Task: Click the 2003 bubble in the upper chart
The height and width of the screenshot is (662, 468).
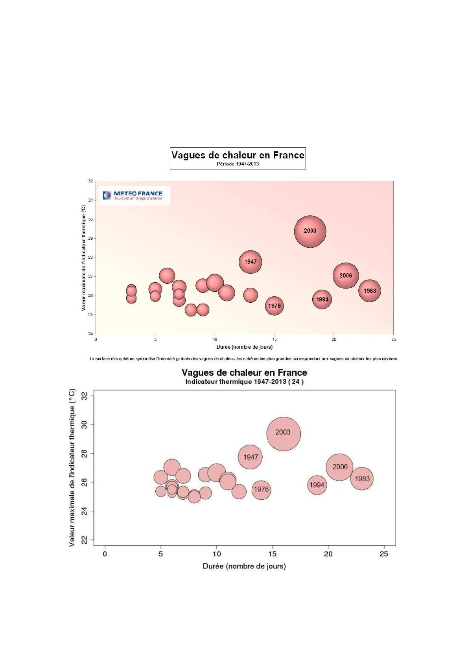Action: coord(310,231)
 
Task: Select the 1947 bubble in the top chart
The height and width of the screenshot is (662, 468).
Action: coord(250,262)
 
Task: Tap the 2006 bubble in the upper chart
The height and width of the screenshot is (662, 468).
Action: coord(346,276)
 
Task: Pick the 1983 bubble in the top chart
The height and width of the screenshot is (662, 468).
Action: coord(369,291)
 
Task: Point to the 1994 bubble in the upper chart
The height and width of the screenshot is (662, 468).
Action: coord(322,300)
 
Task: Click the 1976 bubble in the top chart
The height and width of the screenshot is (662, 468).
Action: coord(274,306)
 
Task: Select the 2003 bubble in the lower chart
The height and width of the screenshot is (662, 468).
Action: coord(283,434)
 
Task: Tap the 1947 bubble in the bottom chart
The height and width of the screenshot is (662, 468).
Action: coord(250,457)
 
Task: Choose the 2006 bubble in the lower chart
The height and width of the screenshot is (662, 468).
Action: coord(339,467)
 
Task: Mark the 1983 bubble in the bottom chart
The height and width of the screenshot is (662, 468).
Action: coord(362,478)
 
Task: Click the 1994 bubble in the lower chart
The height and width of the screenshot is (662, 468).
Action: coord(317,485)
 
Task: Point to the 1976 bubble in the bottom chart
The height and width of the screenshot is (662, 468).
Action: coord(261,489)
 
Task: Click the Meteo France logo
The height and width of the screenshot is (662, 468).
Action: coord(134,195)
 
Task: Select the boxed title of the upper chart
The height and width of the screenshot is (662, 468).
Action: coord(238,158)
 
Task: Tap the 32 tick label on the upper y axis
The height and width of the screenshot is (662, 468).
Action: coord(90,181)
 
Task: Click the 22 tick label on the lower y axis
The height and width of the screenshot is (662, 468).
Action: coord(84,541)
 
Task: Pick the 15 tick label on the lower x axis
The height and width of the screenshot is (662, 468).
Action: coord(272,554)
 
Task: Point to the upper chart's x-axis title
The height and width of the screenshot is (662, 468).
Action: coord(244,347)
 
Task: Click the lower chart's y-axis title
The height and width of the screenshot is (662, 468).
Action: coord(72,467)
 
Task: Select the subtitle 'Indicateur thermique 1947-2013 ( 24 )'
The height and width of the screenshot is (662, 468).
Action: coord(244,382)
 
